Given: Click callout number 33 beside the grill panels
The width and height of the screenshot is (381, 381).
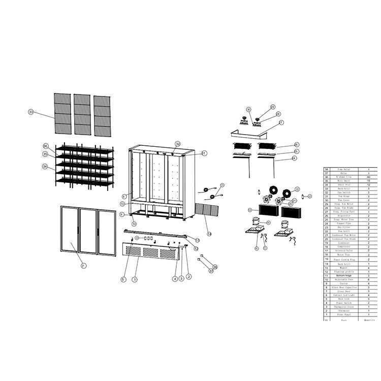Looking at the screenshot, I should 31,112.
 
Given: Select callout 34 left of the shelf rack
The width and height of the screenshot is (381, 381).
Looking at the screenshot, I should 45,167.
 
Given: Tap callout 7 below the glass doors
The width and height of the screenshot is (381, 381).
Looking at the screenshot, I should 84,266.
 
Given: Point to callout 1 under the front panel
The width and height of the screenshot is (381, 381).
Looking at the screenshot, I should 135,279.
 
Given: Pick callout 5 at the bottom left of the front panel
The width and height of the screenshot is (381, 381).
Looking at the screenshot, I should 123,279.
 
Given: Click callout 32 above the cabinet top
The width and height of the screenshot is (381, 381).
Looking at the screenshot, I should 178,144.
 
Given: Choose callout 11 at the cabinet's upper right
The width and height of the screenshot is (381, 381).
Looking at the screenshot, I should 204,153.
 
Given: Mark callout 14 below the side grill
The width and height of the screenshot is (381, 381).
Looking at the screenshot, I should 210,234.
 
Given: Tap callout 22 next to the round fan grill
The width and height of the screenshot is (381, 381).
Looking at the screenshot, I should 297,189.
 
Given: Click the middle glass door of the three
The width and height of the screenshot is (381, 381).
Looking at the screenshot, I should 88,231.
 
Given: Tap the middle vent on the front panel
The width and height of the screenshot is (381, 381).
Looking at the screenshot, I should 152,252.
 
